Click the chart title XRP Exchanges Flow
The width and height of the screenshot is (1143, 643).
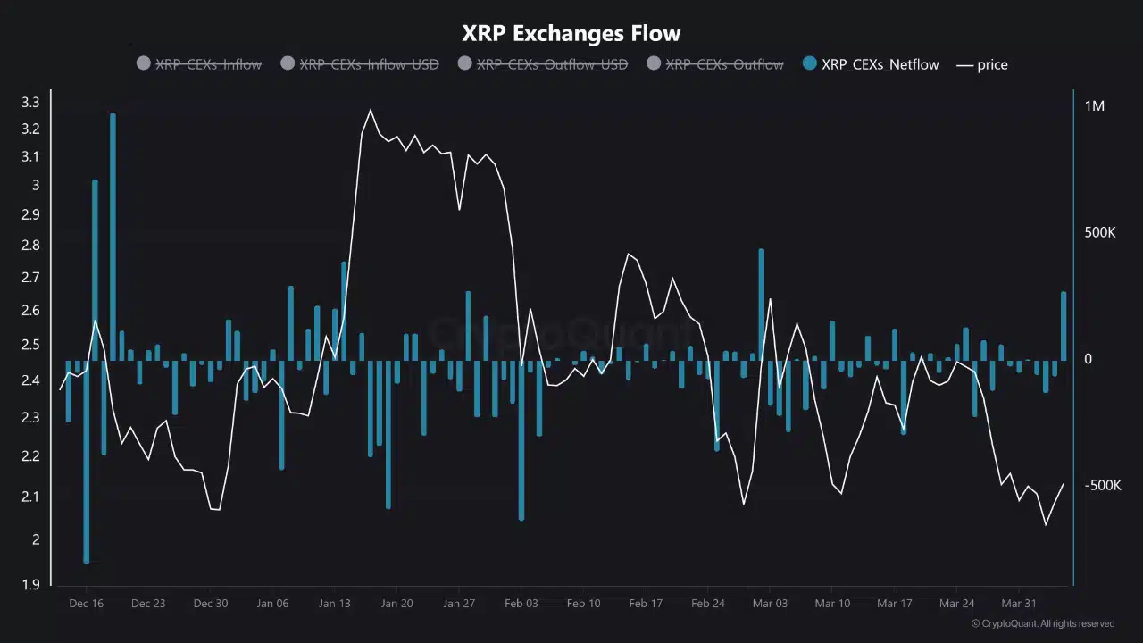571,34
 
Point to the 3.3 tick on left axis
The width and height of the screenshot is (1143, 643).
30,103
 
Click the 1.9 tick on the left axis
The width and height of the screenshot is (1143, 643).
30,585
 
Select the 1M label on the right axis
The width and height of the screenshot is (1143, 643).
1094,106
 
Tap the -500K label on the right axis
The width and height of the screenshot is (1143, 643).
1101,485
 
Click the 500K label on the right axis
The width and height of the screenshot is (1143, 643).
1099,232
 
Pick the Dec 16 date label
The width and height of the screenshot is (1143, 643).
86,604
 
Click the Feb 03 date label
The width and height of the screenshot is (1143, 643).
521,604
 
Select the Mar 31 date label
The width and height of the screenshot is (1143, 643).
1018,604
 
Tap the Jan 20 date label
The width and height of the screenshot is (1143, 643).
396,604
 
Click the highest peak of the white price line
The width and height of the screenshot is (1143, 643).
371,111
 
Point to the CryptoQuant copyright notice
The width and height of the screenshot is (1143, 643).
1042,623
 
